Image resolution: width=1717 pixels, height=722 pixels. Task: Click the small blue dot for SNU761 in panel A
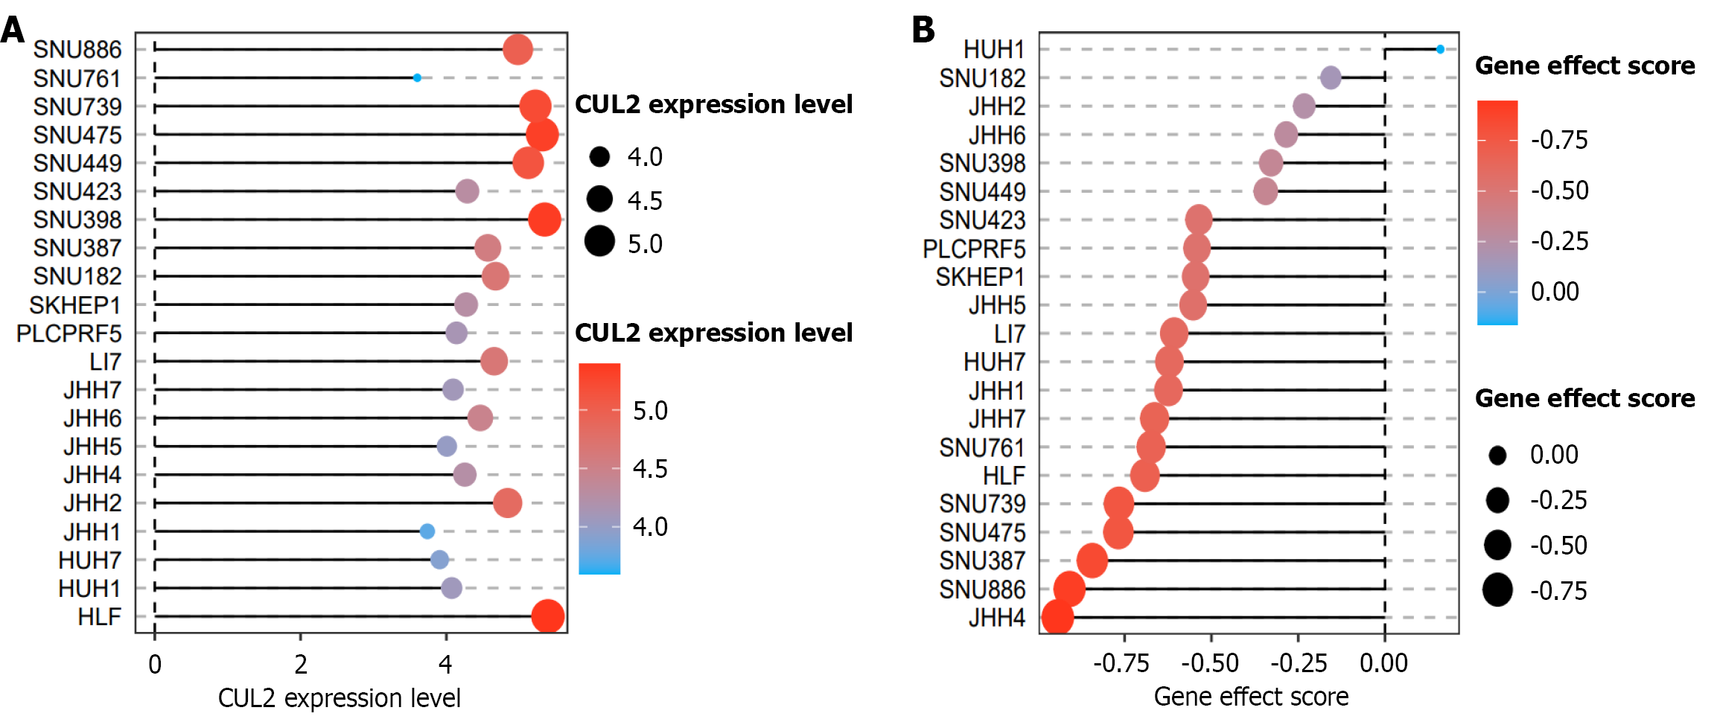417,77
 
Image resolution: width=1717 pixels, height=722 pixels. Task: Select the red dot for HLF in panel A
548,616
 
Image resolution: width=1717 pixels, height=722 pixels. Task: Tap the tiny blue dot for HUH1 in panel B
1440,49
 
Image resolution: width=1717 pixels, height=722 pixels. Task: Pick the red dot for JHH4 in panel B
1057,618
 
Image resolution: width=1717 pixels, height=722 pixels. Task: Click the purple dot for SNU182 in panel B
1331,77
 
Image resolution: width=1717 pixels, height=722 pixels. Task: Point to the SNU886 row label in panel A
77,49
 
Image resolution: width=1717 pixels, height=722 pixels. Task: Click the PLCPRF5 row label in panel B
974,249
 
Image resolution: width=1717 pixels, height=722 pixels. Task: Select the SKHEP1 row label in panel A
75,305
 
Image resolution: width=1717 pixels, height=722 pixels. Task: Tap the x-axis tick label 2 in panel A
300,664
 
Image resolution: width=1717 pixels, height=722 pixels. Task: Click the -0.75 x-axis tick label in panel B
1121,663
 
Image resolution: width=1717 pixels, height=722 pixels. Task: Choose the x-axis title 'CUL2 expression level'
340,698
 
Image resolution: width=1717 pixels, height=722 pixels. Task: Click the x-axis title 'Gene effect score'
1251,697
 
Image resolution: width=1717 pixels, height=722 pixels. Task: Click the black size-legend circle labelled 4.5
599,199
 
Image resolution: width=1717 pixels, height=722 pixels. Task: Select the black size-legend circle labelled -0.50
1497,545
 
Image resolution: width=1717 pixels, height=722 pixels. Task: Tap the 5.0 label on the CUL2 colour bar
650,410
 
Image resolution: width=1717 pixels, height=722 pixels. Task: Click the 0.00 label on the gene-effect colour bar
1555,292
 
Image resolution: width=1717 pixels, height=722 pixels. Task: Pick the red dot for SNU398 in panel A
544,220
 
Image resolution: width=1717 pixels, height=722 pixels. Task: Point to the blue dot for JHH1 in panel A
427,531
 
